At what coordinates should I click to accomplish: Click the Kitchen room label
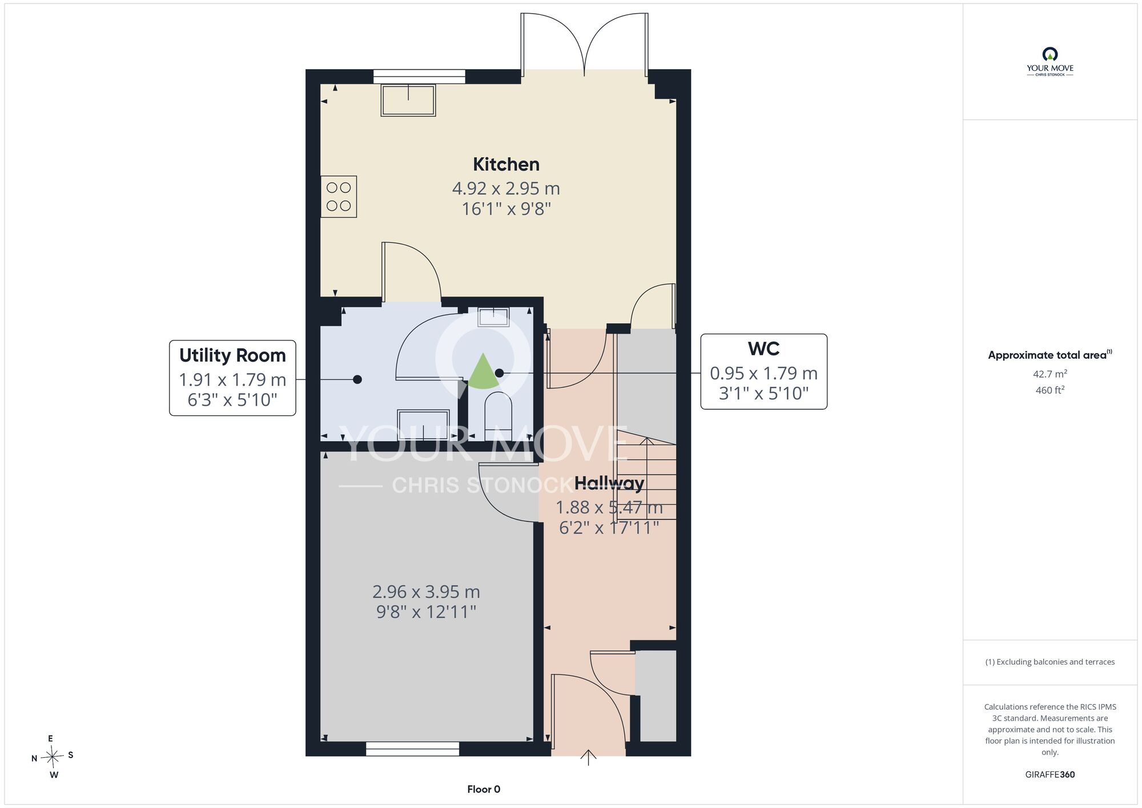click(506, 165)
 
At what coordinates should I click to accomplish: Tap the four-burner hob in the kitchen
click(339, 197)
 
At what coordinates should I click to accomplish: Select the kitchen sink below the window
click(408, 101)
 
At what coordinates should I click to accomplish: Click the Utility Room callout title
click(232, 355)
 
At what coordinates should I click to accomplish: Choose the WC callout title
click(763, 349)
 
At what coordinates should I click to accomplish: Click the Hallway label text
click(609, 483)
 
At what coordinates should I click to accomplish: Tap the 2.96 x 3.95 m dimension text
click(426, 591)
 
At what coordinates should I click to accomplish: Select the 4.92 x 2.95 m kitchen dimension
click(506, 188)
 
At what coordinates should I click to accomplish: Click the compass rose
click(53, 757)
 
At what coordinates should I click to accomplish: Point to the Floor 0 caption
click(484, 789)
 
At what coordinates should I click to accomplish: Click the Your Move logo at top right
click(1050, 62)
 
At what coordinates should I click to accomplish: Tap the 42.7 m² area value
click(1050, 374)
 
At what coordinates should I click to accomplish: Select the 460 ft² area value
click(1050, 390)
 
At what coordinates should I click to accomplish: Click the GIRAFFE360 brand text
click(1050, 775)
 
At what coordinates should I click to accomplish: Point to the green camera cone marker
click(483, 371)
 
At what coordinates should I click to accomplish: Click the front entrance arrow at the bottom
click(588, 757)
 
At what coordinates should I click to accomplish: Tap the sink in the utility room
click(423, 425)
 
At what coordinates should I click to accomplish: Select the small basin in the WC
click(493, 317)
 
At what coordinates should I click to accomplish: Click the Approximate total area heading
click(1050, 355)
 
